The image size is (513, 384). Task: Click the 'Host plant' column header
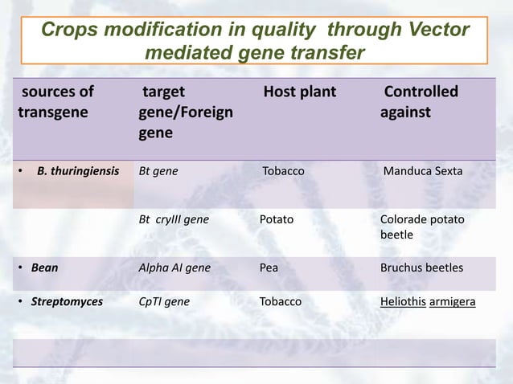click(x=300, y=92)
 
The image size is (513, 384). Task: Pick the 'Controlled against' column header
click(x=419, y=102)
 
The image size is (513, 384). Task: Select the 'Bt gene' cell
click(x=158, y=171)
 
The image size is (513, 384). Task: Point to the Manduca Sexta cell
click(x=422, y=171)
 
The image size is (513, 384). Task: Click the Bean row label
click(x=44, y=268)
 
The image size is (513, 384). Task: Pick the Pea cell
click(x=269, y=268)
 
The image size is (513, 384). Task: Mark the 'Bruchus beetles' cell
click(x=421, y=268)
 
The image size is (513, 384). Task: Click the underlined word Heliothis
click(x=404, y=302)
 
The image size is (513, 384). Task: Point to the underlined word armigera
click(x=453, y=302)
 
